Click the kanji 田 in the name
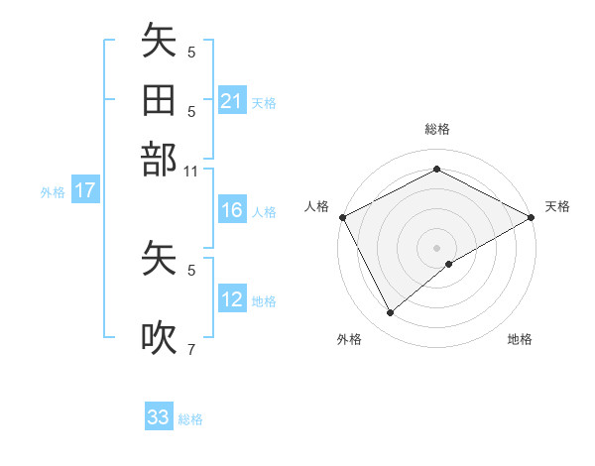(x=159, y=100)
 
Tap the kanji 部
(x=159, y=159)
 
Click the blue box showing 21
(x=232, y=101)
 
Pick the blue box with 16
(x=232, y=210)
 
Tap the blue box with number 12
(x=232, y=299)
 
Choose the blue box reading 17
(x=85, y=191)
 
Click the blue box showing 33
(x=159, y=417)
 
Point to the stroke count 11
(x=191, y=172)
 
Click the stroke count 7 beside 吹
(x=191, y=349)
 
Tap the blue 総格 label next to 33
(x=190, y=419)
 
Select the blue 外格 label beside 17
(x=53, y=192)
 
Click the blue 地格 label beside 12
(x=264, y=300)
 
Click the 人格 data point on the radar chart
(x=342, y=217)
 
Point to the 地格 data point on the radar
(x=449, y=264)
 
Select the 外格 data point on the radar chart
(x=390, y=313)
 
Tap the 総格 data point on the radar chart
(x=436, y=170)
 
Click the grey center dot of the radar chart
(x=436, y=247)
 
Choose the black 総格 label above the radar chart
(x=436, y=129)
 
